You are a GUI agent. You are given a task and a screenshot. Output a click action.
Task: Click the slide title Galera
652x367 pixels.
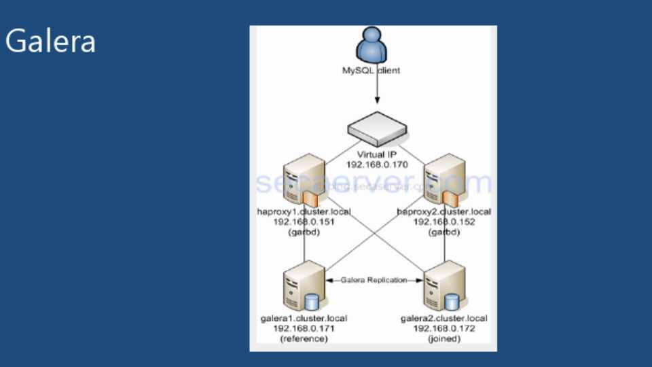click(x=51, y=41)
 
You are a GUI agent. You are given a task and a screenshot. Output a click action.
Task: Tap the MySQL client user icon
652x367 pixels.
click(x=371, y=46)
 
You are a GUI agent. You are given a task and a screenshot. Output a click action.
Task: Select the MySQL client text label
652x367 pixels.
click(x=371, y=70)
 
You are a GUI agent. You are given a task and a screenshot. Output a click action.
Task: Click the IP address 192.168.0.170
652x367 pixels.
click(x=376, y=164)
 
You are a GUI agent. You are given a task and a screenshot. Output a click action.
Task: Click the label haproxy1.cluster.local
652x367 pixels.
click(x=304, y=211)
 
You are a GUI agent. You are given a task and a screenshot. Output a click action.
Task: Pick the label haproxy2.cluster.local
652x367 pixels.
click(x=444, y=211)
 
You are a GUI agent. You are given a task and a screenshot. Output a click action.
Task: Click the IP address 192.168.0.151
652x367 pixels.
click(x=304, y=222)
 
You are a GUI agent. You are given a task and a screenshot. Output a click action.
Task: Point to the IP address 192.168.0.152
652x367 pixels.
click(x=444, y=222)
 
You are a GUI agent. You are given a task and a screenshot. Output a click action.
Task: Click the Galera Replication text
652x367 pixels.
click(x=374, y=279)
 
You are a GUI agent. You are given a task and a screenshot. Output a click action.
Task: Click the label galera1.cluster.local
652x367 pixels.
click(x=304, y=318)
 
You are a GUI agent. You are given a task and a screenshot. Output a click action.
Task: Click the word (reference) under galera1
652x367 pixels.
click(x=304, y=338)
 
